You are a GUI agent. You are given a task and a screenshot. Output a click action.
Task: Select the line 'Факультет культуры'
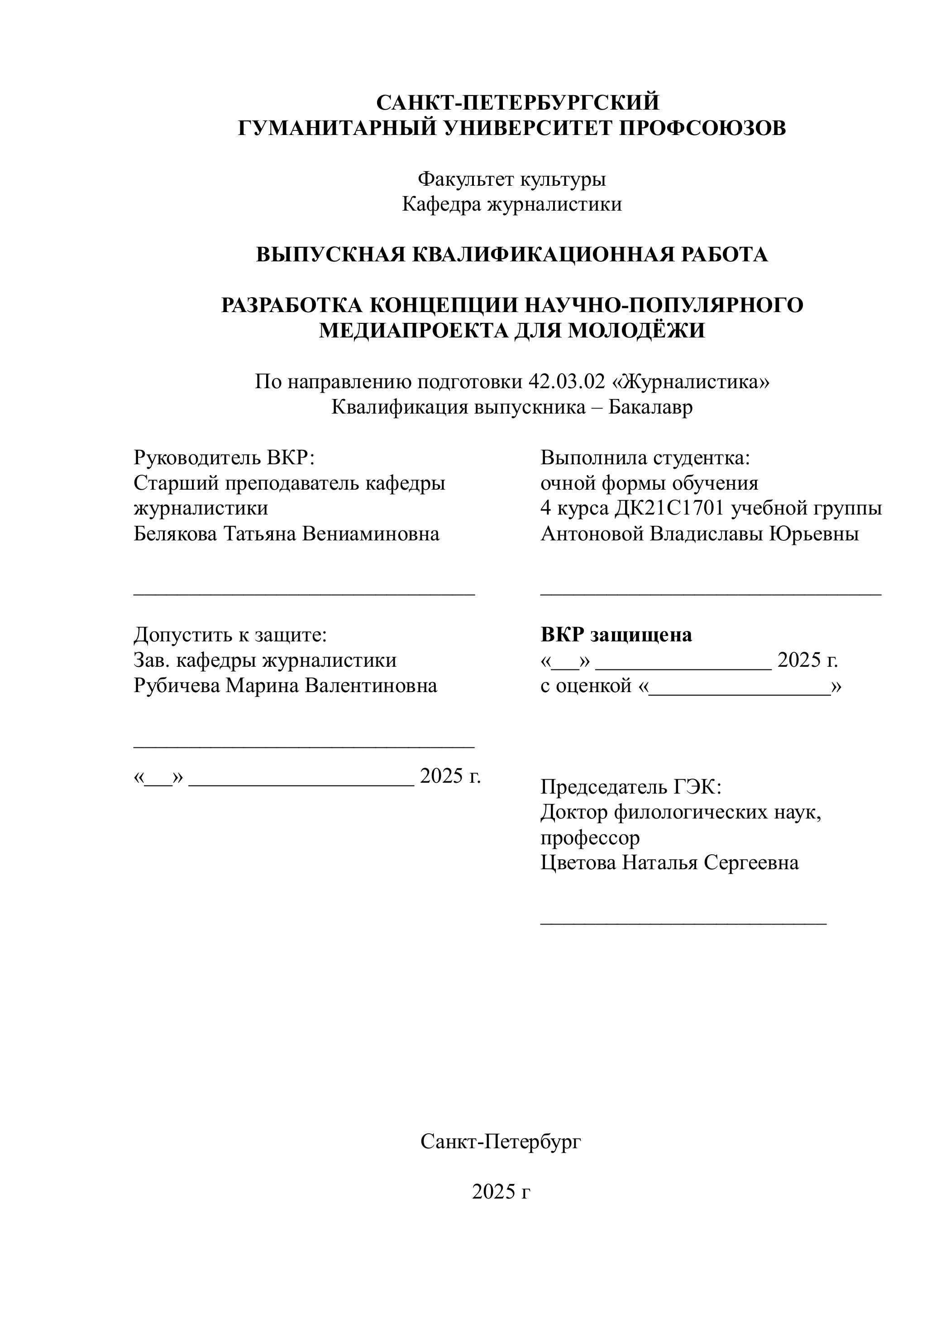coord(512,179)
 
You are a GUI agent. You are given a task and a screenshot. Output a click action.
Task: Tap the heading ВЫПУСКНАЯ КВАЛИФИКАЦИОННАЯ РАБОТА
coord(512,254)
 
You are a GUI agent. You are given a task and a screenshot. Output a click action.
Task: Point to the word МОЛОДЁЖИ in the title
coord(637,330)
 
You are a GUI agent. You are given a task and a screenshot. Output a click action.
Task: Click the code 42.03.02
coord(567,382)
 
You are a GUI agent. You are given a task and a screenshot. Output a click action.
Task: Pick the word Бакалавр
coord(651,407)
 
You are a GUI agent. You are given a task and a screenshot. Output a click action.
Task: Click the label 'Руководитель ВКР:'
coord(224,458)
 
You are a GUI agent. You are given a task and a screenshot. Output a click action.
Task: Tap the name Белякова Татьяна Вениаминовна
coord(287,534)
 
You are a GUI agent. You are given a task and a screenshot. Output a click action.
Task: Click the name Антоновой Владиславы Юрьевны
coord(700,534)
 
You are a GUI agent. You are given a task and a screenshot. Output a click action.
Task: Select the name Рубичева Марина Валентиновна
coord(285,686)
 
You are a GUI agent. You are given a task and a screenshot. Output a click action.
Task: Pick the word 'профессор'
coord(590,838)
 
